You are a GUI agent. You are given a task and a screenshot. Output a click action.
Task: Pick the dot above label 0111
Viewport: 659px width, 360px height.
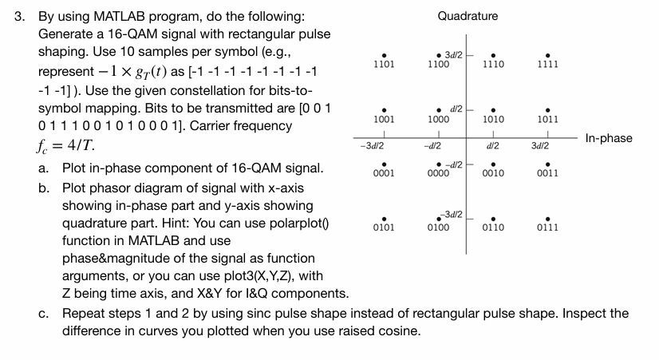547,217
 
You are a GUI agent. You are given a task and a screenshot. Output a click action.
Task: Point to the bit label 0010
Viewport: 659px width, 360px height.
493,172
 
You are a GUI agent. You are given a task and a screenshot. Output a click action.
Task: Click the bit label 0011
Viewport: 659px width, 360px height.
547,172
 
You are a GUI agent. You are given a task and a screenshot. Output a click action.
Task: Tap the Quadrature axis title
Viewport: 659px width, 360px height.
468,16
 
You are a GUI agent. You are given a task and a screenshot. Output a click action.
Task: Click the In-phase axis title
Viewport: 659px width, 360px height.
609,139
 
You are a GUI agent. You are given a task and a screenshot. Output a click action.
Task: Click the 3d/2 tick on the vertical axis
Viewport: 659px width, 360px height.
453,53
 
